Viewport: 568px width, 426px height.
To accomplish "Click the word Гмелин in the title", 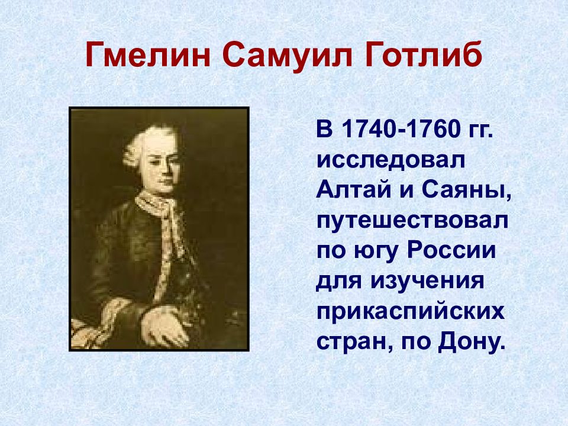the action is click(148, 55).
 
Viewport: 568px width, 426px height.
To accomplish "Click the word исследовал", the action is click(391, 161).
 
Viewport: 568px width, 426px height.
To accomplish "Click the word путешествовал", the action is click(412, 222).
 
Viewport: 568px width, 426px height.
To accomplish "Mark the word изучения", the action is click(427, 282).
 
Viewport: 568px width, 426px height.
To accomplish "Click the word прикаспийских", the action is click(411, 311).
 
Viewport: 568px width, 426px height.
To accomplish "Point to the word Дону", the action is click(472, 341).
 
